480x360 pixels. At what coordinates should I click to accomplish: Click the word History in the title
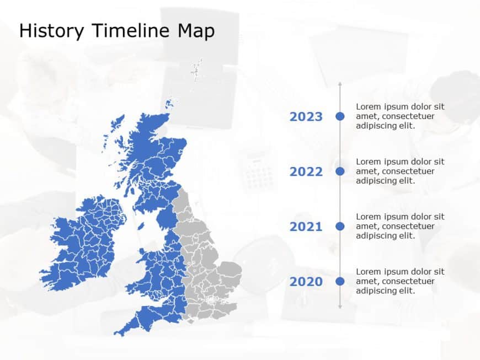51,31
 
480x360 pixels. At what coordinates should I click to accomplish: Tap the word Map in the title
196,31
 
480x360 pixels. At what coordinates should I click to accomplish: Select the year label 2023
306,116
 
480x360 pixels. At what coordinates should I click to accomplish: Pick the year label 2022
306,171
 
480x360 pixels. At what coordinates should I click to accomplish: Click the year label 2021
306,227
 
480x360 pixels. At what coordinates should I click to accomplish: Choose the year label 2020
306,282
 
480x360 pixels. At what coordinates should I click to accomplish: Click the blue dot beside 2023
340,116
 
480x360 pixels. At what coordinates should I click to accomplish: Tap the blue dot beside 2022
340,171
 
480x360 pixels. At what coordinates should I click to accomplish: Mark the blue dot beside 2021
340,226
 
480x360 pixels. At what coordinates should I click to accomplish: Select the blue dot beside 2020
340,281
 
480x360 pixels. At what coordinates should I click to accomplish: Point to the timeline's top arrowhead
340,84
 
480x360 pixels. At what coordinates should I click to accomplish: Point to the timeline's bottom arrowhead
340,306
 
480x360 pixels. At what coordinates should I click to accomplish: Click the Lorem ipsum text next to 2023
400,116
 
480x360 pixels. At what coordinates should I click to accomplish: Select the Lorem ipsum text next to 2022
400,171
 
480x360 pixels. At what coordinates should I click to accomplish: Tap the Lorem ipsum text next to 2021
400,226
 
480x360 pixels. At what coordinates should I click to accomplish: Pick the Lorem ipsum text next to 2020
400,281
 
